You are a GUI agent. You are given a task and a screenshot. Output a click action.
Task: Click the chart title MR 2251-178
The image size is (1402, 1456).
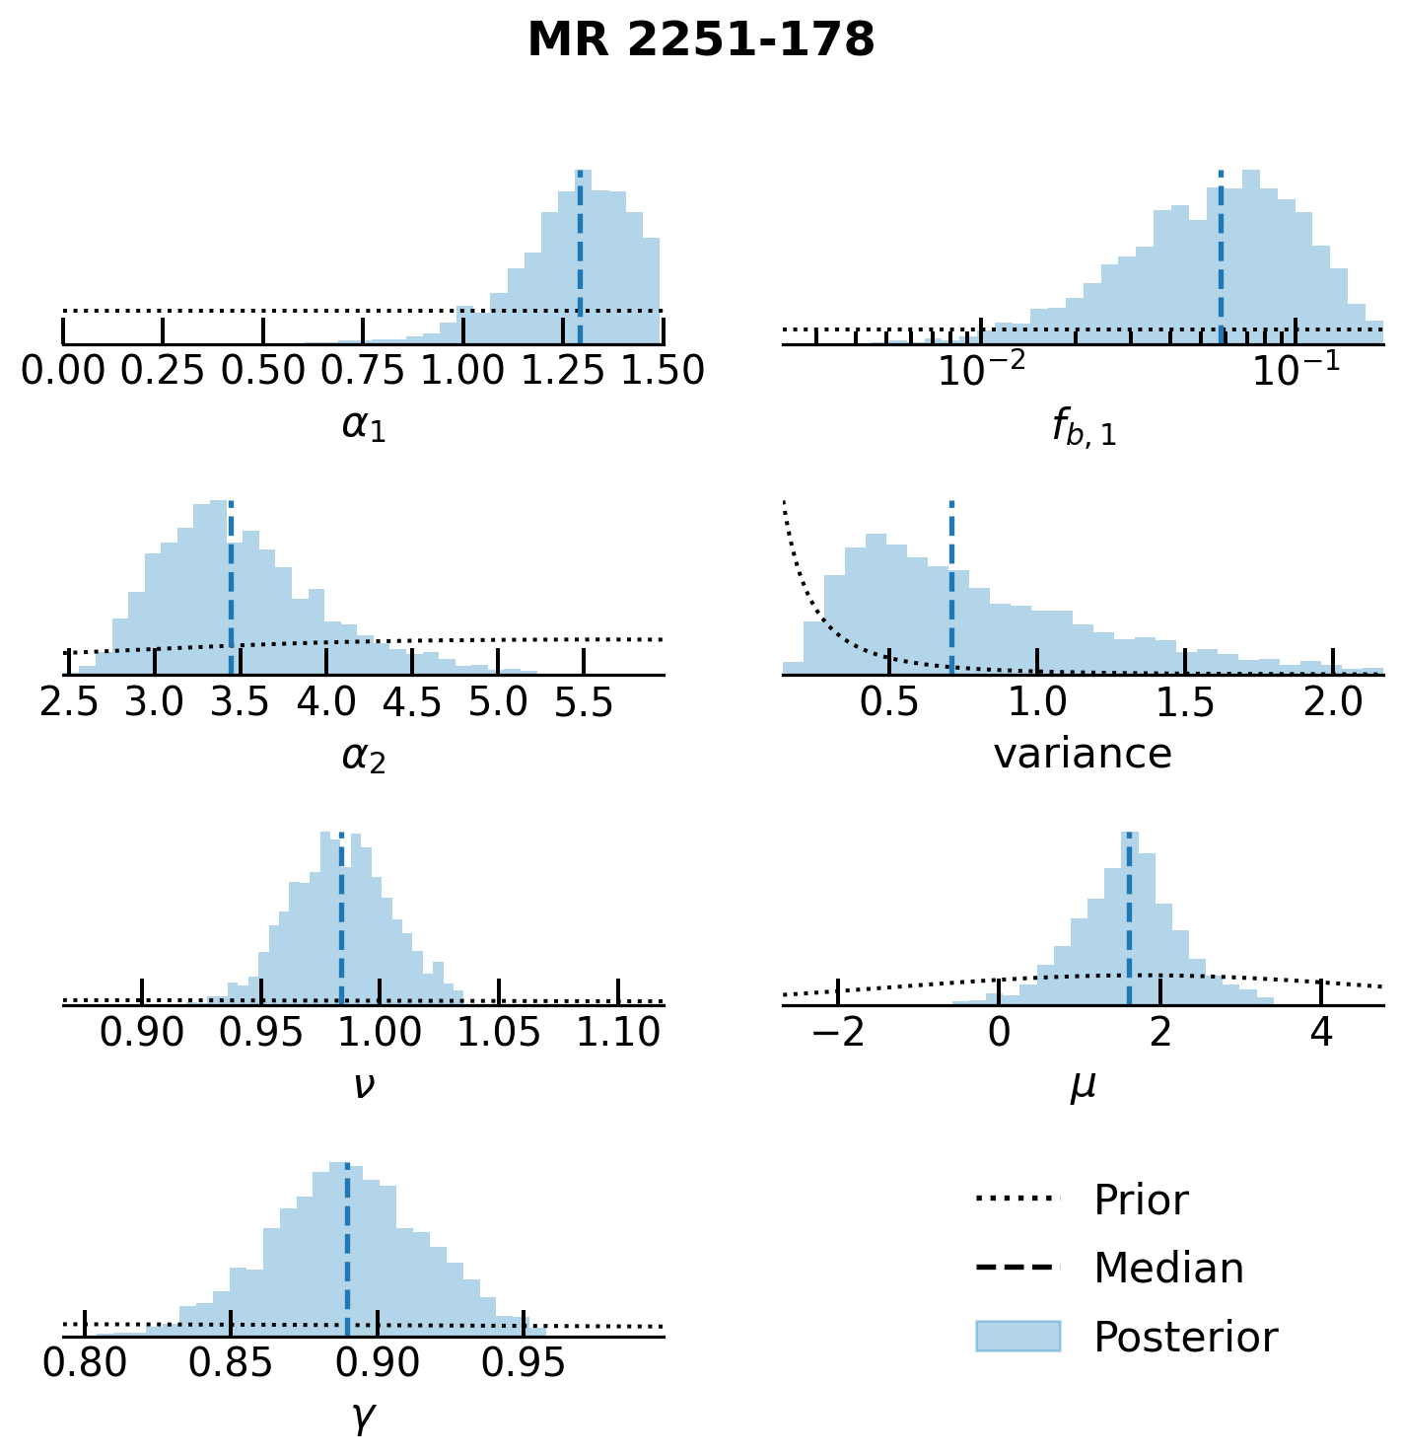[x=701, y=41]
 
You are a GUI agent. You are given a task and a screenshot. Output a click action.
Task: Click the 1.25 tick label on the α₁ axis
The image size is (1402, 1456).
[x=564, y=372]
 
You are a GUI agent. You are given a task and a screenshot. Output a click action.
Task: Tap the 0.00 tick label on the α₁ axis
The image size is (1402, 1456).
[x=63, y=372]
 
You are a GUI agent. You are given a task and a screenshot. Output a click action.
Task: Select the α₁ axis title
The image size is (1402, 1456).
[x=363, y=425]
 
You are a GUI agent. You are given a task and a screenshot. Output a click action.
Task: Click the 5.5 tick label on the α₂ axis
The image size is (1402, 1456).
[x=584, y=702]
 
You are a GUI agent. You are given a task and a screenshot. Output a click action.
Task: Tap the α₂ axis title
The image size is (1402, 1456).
[x=363, y=757]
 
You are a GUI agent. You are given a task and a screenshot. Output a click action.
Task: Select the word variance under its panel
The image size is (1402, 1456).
[x=1083, y=755]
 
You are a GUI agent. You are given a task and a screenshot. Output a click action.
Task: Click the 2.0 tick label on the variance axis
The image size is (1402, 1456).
[x=1333, y=702]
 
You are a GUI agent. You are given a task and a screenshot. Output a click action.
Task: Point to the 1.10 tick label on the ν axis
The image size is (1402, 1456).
[x=618, y=1033]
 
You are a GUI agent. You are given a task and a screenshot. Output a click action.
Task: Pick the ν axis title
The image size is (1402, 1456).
[x=363, y=1086]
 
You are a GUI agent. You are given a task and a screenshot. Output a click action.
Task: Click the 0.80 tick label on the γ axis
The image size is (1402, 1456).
[x=85, y=1363]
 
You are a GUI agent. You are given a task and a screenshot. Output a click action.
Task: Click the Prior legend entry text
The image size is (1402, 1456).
[x=1141, y=1201]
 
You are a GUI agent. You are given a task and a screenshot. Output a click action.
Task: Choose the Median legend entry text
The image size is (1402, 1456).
[x=1168, y=1269]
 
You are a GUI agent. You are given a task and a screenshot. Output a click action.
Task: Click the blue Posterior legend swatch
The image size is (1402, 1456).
[x=1017, y=1337]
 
